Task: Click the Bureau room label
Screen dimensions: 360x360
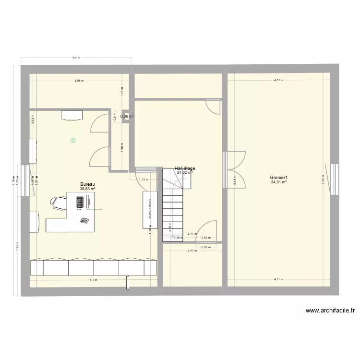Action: (87, 184)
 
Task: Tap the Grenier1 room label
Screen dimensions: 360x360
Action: (279, 177)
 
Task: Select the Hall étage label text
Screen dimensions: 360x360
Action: (185, 168)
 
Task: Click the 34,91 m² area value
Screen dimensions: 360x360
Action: (279, 182)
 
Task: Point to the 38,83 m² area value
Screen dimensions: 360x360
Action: (87, 189)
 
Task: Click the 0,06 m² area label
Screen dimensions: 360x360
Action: (127, 116)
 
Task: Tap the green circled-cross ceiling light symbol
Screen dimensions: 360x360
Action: (73, 141)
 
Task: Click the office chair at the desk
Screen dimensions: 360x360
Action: (59, 203)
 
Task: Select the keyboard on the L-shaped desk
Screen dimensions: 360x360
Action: (79, 203)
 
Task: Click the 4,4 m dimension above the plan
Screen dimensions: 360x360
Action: (75, 58)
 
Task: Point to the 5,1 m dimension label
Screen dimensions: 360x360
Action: (93, 280)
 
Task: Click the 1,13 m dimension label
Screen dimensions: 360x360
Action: (143, 180)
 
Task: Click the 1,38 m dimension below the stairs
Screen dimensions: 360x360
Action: (177, 238)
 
